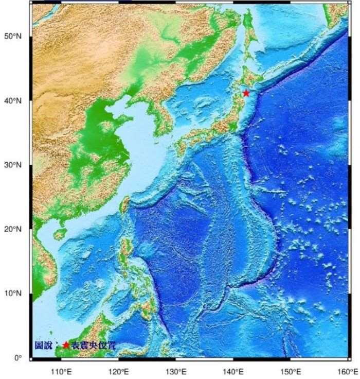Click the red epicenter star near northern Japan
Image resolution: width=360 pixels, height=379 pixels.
[246, 93]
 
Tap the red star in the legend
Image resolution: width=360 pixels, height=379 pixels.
[66, 345]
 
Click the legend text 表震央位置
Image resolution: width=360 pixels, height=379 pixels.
[94, 345]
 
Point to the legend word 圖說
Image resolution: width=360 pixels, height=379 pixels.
[43, 345]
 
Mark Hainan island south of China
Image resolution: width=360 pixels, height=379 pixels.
[60, 234]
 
